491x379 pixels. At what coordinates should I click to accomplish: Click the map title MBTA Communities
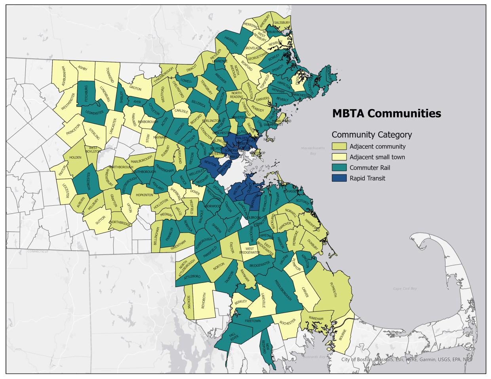coord(386,114)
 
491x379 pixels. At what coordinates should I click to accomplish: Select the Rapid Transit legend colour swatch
coord(339,178)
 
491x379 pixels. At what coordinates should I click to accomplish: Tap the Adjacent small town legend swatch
coord(339,157)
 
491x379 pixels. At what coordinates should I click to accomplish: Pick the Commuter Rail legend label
coord(369,168)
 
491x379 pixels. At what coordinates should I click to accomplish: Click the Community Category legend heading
coord(371,135)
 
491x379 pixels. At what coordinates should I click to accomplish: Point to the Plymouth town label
coord(333,290)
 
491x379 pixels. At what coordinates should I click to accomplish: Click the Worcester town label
coord(89,181)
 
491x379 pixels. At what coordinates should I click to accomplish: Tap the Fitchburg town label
coord(86,93)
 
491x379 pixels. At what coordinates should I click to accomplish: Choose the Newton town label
coord(210,163)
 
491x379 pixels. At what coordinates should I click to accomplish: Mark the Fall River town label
coord(233,337)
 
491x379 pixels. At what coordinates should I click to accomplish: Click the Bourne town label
coord(343,335)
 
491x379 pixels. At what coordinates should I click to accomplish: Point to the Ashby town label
coord(82,68)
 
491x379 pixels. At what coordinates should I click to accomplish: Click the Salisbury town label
coord(282,23)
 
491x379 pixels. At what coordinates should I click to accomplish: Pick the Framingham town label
coord(164,168)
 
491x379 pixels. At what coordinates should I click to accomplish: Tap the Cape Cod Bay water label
coord(405,288)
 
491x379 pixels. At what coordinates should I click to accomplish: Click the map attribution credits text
coord(407,360)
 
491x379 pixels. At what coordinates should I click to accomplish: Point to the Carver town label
coord(305,292)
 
